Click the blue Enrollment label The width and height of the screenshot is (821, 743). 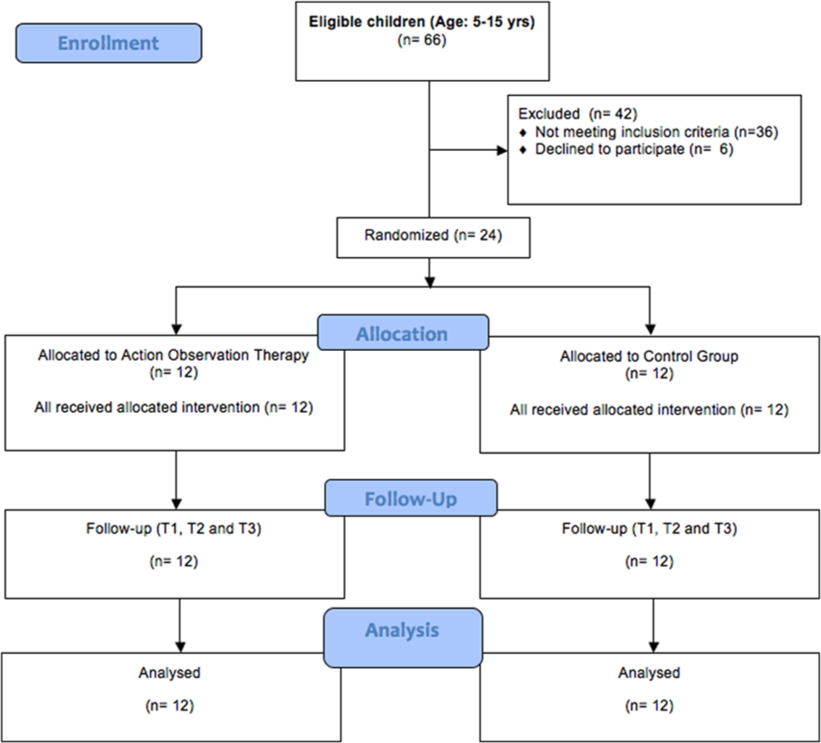(x=108, y=43)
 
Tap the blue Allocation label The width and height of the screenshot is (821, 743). (x=403, y=333)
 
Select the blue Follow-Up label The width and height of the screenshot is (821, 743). (x=411, y=497)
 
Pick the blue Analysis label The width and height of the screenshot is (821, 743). (x=402, y=637)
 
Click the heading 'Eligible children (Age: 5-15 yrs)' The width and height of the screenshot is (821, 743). (x=422, y=22)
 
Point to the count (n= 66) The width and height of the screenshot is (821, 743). (x=422, y=40)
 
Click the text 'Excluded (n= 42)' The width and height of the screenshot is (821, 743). (x=577, y=114)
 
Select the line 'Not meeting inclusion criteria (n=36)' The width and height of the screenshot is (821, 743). (x=656, y=132)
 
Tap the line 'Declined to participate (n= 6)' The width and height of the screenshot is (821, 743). (x=634, y=149)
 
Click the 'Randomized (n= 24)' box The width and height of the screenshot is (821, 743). (x=433, y=238)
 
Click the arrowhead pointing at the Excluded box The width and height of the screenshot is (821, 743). (x=502, y=151)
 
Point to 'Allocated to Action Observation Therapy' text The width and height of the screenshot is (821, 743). (x=173, y=355)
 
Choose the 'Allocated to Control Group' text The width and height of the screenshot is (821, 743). (x=649, y=356)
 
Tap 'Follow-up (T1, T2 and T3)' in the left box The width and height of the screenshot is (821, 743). (x=174, y=528)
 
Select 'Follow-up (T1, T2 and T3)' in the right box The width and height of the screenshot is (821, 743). (x=649, y=528)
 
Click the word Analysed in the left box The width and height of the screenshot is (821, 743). (x=170, y=672)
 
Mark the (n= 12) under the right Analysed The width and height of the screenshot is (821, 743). (x=649, y=706)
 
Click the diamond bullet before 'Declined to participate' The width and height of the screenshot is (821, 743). (x=522, y=151)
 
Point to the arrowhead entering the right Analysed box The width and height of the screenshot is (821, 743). (x=654, y=647)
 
